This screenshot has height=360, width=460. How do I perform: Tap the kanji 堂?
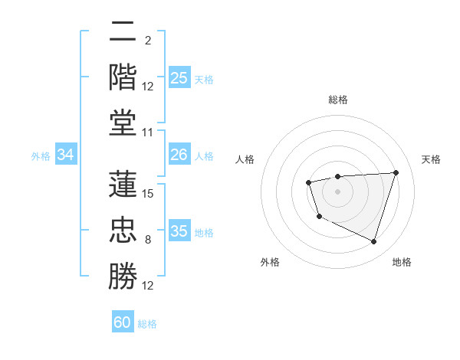[123, 123]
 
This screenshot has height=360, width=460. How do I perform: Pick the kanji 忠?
[123, 230]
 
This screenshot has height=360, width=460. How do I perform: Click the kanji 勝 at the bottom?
[123, 276]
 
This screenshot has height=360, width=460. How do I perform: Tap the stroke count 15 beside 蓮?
[149, 194]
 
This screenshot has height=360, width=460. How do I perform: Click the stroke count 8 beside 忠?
[148, 240]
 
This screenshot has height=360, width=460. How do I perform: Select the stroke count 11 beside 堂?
[149, 133]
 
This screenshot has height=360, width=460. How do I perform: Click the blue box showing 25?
[179, 77]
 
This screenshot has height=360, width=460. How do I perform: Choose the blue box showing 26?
[179, 155]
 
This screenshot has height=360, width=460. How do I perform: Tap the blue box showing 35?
[179, 231]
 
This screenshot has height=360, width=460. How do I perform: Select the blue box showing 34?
[66, 155]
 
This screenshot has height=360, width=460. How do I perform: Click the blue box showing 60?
[123, 322]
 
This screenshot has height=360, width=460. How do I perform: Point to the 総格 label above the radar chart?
[338, 100]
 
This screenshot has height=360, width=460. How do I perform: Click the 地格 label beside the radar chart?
[402, 262]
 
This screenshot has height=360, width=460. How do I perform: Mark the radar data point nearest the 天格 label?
[396, 172]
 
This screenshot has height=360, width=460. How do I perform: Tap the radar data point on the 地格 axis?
[373, 242]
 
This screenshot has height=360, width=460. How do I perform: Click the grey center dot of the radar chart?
[337, 191]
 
